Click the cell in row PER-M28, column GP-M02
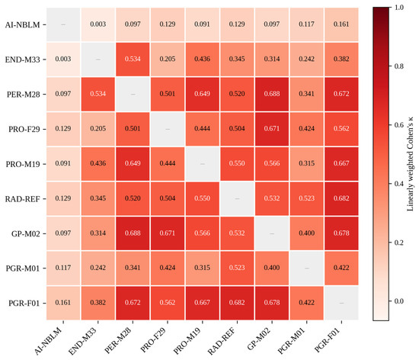click(272, 94)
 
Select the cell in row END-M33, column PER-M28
click(133, 59)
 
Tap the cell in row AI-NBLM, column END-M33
click(98, 24)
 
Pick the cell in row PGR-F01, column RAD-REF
click(237, 303)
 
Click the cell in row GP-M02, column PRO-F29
click(168, 233)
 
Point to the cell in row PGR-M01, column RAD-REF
click(237, 268)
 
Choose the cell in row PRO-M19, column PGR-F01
click(341, 164)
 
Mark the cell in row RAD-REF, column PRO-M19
click(203, 198)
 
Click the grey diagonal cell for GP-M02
click(272, 233)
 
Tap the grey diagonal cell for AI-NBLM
click(63, 24)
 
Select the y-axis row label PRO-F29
click(24, 129)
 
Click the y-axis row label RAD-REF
click(22, 199)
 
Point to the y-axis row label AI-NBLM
click(22, 25)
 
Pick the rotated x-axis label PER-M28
click(118, 340)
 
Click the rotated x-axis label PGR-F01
click(327, 339)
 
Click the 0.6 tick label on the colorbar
click(399, 125)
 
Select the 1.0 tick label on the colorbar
click(399, 7)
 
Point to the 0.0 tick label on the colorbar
click(399, 301)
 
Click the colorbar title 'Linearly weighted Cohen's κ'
click(410, 164)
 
